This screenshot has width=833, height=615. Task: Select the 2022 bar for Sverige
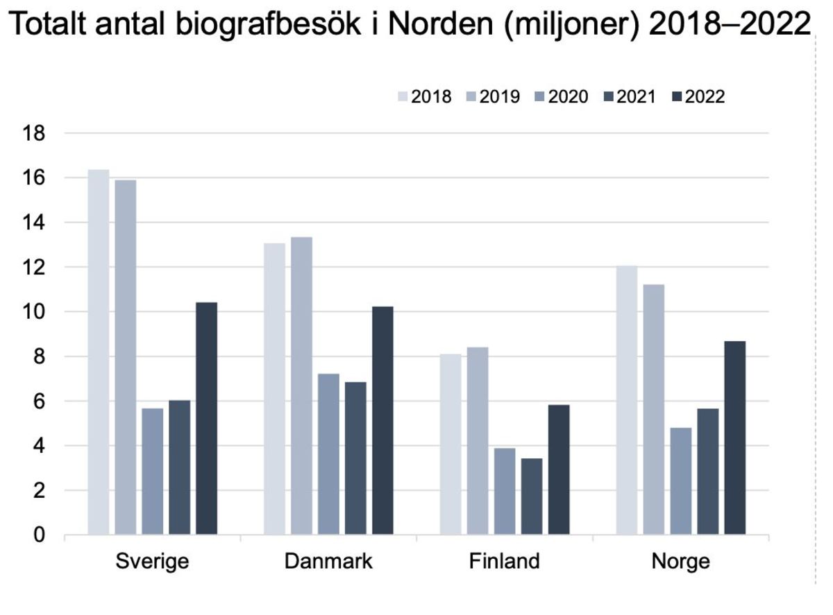(206, 419)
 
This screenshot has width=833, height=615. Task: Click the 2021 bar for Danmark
(355, 458)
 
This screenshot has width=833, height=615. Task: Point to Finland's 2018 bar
(450, 444)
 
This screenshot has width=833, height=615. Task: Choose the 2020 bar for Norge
(680, 481)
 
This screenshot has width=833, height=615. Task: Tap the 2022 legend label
(705, 96)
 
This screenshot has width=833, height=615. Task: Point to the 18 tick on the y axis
(35, 134)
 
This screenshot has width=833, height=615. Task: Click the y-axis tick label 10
(35, 312)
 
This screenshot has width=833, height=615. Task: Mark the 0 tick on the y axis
(40, 535)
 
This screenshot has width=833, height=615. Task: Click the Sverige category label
(152, 561)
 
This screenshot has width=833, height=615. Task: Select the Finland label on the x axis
(504, 561)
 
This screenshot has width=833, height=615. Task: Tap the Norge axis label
(680, 561)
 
